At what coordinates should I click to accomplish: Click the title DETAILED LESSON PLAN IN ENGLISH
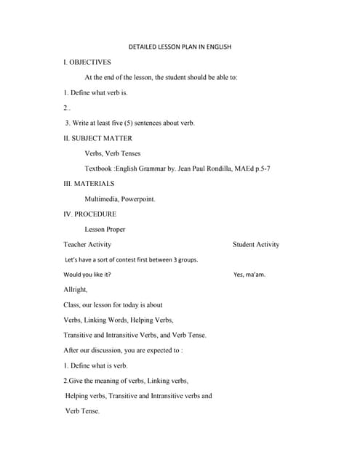179,47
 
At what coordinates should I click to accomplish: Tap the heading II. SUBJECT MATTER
98,138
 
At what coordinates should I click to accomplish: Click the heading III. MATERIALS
89,184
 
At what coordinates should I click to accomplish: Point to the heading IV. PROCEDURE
90,214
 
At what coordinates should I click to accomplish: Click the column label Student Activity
255,245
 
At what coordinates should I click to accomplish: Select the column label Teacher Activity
87,245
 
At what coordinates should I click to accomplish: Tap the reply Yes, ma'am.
249,275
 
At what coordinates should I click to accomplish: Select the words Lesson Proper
105,230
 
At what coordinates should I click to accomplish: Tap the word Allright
76,290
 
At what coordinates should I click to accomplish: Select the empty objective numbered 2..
67,108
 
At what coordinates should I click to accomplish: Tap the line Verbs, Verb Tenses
113,153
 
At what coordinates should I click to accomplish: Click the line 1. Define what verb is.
95,93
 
